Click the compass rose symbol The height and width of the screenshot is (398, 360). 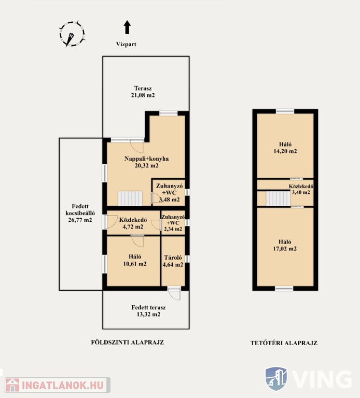pyautogui.click(x=72, y=34)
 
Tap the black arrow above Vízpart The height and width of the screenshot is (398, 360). pyautogui.click(x=127, y=27)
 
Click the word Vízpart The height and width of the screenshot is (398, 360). pyautogui.click(x=126, y=44)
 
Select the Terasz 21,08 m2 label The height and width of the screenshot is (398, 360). pyautogui.click(x=143, y=92)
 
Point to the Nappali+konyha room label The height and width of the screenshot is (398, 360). pyautogui.click(x=147, y=162)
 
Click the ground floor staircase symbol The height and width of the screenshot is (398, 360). pyautogui.click(x=130, y=198)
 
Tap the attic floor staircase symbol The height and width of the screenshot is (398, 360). pyautogui.click(x=278, y=199)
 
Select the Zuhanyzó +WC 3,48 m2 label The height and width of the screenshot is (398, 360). pyautogui.click(x=169, y=193)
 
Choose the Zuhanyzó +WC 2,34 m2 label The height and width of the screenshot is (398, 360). pyautogui.click(x=173, y=223)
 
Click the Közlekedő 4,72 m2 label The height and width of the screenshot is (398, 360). pyautogui.click(x=133, y=223)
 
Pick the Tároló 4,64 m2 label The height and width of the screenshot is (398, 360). pyautogui.click(x=173, y=261)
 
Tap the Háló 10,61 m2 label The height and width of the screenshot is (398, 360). pyautogui.click(x=135, y=260)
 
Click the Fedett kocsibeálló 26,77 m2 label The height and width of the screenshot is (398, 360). pyautogui.click(x=80, y=213)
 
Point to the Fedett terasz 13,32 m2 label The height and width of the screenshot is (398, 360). pyautogui.click(x=148, y=311)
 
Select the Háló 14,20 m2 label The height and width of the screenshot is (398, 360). pyautogui.click(x=285, y=148)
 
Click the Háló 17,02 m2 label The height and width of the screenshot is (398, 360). pyautogui.click(x=285, y=245)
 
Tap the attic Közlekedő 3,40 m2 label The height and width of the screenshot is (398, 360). pyautogui.click(x=301, y=189)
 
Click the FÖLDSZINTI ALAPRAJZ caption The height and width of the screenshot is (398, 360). pyautogui.click(x=128, y=342)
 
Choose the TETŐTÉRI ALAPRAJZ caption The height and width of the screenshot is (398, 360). pyautogui.click(x=284, y=343)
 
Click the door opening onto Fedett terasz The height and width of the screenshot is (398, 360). pyautogui.click(x=174, y=293)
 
